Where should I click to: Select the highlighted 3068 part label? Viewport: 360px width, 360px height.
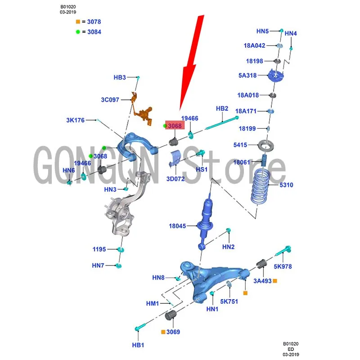click(x=175, y=126)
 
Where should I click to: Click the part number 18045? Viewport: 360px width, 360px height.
click(x=177, y=226)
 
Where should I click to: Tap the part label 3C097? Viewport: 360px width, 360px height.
click(x=110, y=99)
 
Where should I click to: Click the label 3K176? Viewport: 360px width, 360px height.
click(x=75, y=120)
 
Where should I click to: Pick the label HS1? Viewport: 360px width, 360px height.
click(x=201, y=169)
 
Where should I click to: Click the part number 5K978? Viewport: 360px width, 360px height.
click(x=283, y=266)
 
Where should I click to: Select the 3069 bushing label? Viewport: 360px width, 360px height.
click(x=173, y=332)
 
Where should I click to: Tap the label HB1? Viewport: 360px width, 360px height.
click(x=138, y=345)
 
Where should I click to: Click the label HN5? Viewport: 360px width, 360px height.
click(x=262, y=31)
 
